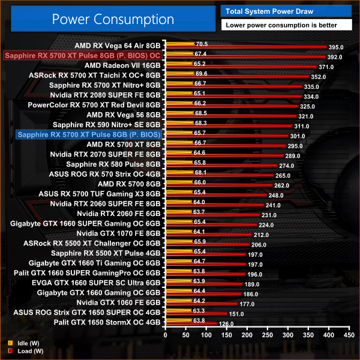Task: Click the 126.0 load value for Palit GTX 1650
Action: coord(226,325)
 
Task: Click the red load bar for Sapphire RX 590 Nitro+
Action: coord(228,127)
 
